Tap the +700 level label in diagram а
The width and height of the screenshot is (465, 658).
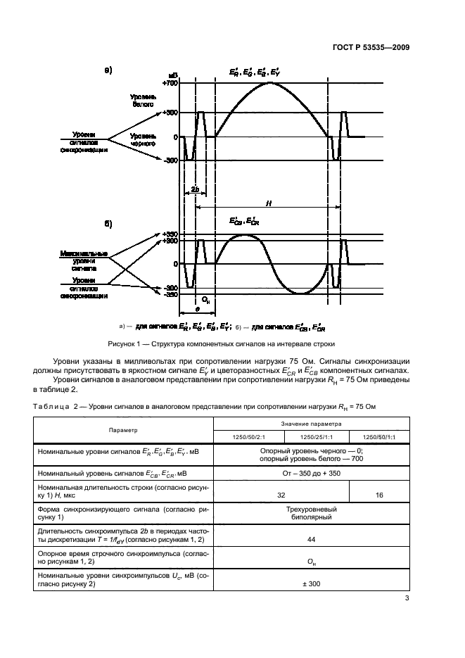pyautogui.click(x=170, y=83)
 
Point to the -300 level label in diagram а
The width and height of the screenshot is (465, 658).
pyautogui.click(x=170, y=161)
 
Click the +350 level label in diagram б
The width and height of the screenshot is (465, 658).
pyautogui.click(x=170, y=234)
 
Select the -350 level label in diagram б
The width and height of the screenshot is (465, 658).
pyautogui.click(x=170, y=295)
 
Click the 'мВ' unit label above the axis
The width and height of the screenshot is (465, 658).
pyautogui.click(x=172, y=75)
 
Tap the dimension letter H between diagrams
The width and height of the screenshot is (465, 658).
pyautogui.click(x=268, y=203)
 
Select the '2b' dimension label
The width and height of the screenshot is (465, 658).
pyautogui.click(x=194, y=190)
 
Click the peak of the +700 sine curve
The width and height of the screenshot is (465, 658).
pyautogui.click(x=271, y=83)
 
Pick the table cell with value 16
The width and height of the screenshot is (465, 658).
pyautogui.click(x=379, y=495)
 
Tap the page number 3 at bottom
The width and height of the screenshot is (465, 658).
pyautogui.click(x=407, y=599)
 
